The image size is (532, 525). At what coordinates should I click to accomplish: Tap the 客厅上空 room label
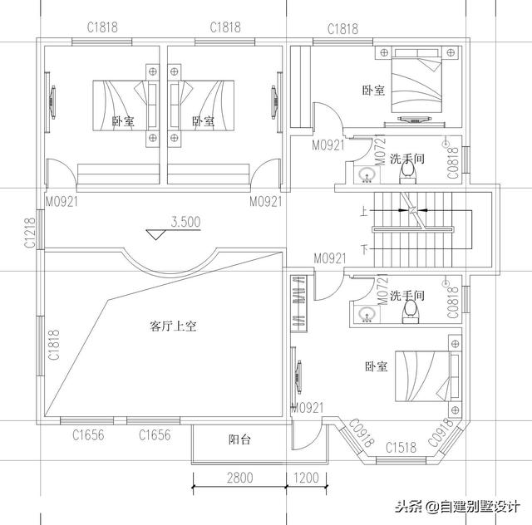(173, 326)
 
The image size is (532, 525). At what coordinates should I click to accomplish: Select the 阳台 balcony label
(240, 440)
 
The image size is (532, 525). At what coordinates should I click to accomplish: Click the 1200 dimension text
(306, 478)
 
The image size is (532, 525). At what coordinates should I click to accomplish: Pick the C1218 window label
(30, 233)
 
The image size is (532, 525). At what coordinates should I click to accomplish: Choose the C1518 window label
(401, 449)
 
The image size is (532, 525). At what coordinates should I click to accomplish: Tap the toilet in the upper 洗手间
(407, 172)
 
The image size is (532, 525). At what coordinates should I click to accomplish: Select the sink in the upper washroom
(365, 175)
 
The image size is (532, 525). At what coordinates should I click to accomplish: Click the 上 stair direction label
(362, 212)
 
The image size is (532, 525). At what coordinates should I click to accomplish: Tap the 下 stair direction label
(362, 249)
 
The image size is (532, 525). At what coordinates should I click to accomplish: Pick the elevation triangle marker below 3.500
(155, 233)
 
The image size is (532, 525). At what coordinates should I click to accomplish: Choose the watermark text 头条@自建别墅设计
(457, 506)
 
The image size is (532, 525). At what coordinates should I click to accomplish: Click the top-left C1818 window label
(102, 27)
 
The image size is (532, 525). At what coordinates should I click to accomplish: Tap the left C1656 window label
(87, 434)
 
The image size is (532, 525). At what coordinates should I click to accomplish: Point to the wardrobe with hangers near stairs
(298, 304)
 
